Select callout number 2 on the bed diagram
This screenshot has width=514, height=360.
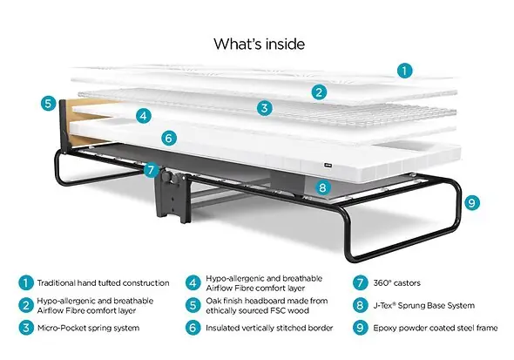(320, 92)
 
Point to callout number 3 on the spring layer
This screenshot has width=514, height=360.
(264, 108)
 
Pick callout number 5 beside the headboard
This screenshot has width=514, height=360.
(49, 102)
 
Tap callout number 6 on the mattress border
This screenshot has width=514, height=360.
(169, 138)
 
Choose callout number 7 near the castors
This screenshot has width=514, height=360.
(152, 170)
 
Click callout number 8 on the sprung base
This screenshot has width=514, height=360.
(322, 186)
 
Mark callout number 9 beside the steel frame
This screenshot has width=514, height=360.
(472, 202)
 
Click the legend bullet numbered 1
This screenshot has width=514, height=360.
(26, 282)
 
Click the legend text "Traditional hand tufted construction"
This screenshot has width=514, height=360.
(104, 282)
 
